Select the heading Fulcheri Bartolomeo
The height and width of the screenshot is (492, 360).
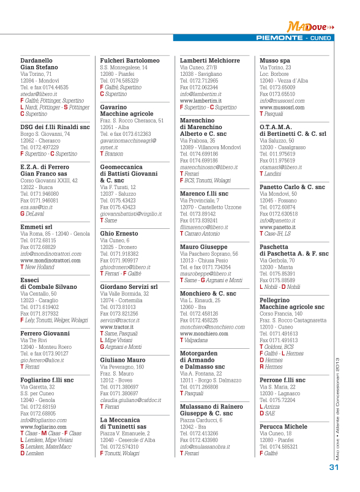click(130, 61)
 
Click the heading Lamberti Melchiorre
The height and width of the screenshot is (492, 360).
click(209, 61)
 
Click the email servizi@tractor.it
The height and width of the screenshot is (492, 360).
click(120, 321)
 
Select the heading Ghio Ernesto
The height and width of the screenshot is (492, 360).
click(121, 234)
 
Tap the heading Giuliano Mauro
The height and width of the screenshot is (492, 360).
click(122, 360)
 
